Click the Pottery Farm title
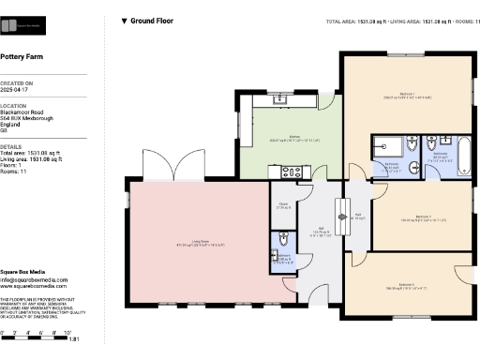click(x=22, y=56)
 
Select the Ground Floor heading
click(x=150, y=20)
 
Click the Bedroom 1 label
click(x=407, y=94)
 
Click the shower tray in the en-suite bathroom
click(x=385, y=145)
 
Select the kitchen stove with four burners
click(x=292, y=172)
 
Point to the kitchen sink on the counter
click(x=280, y=97)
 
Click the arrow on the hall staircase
click(x=342, y=217)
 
